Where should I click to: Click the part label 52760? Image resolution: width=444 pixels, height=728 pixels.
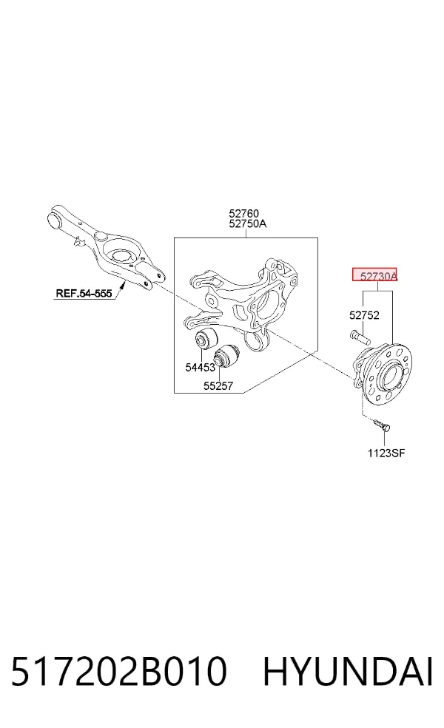(x=243, y=214)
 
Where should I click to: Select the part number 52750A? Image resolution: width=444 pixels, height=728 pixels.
(x=248, y=223)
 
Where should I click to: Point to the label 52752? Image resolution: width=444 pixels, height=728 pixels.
(x=364, y=315)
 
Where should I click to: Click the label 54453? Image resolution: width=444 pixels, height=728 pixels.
(x=201, y=367)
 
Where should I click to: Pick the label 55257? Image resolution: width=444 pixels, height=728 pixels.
(x=218, y=385)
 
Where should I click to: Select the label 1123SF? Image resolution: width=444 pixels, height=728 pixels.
(x=386, y=453)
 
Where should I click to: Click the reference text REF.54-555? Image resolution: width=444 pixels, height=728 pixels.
(x=84, y=293)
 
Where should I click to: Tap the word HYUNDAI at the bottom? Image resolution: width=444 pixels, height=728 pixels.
(x=349, y=671)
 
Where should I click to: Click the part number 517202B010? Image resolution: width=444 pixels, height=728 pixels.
(x=119, y=671)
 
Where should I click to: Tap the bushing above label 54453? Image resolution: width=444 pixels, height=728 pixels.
(x=205, y=338)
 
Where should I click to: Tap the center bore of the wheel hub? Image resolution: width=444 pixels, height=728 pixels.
(x=389, y=374)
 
